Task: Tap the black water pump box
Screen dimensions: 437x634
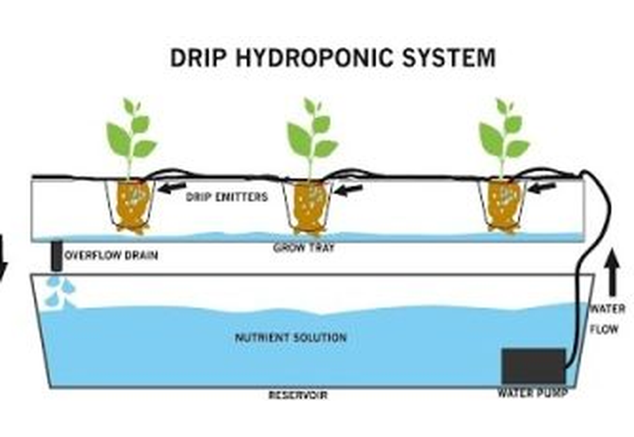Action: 533,366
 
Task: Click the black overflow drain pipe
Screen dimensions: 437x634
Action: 56,255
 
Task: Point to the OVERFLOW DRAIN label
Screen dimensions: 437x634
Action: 112,256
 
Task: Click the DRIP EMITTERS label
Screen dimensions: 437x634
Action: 226,197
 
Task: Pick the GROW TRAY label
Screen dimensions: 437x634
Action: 304,248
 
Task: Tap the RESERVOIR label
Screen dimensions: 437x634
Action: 297,395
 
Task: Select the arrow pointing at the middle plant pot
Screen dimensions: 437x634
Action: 348,188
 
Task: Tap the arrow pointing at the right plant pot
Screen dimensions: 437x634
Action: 542,187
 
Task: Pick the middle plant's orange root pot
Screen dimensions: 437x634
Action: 311,206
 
